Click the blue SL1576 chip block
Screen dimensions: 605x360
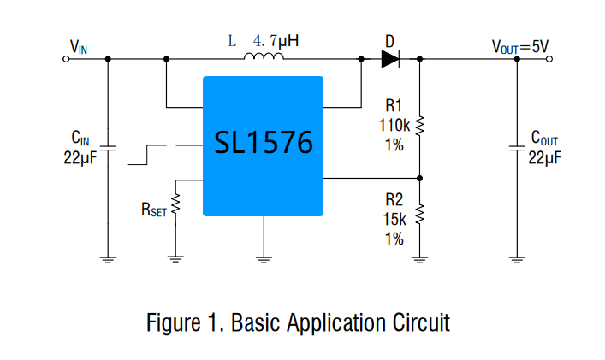(x=264, y=146)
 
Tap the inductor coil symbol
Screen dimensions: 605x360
(x=264, y=56)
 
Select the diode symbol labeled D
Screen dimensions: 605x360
(x=390, y=59)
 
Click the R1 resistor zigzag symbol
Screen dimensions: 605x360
(x=419, y=126)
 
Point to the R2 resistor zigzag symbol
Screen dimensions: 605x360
(x=419, y=215)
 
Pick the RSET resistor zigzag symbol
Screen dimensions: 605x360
(x=175, y=204)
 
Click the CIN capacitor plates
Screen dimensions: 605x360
(x=108, y=148)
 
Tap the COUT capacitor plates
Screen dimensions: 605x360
(x=517, y=148)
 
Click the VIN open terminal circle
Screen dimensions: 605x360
(x=66, y=59)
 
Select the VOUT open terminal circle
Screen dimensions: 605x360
(x=549, y=59)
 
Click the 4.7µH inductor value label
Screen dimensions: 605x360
(x=276, y=41)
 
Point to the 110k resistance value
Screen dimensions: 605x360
(x=394, y=126)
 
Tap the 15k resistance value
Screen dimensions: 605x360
(x=394, y=219)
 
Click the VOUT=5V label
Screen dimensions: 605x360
(x=520, y=47)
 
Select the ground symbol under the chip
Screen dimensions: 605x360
(x=264, y=259)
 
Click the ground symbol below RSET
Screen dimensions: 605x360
(x=175, y=259)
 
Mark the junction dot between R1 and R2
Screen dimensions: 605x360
(x=420, y=178)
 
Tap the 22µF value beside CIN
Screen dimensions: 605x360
(x=80, y=157)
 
